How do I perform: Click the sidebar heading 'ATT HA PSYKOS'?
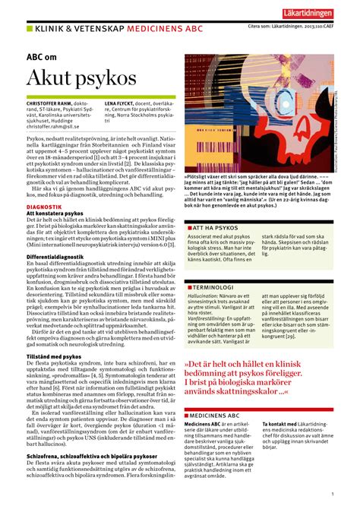pos(217,207)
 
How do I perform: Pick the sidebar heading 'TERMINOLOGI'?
pos(217,289)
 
